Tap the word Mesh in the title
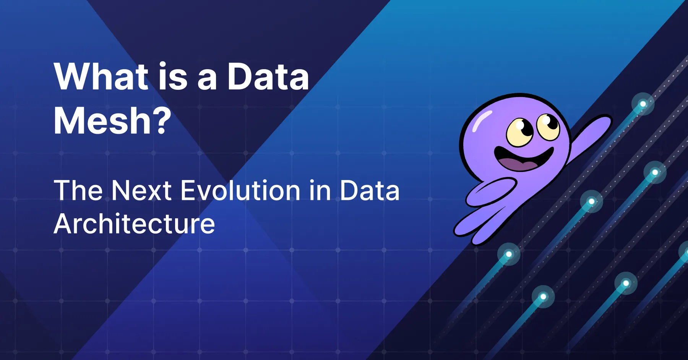pyautogui.click(x=103, y=121)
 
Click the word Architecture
pyautogui.click(x=134, y=224)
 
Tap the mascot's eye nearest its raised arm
pyautogui.click(x=548, y=126)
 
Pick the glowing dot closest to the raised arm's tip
pyautogui.click(x=643, y=104)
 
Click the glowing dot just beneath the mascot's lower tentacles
pyautogui.click(x=509, y=254)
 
